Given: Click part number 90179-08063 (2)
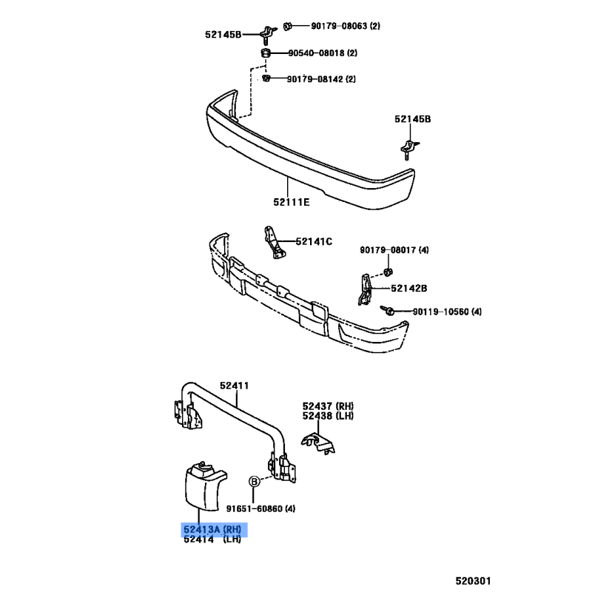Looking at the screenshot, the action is point(346,26).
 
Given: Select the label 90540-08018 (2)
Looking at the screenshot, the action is point(323,53).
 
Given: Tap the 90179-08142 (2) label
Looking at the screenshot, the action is point(321,79).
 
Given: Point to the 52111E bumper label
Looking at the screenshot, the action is point(292,202).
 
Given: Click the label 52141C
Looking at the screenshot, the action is point(314,241).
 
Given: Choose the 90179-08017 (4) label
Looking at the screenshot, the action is point(394,250).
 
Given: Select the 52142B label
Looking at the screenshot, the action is point(409,289).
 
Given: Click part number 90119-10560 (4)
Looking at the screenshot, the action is point(447,312).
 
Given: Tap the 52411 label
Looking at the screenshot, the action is point(235,386).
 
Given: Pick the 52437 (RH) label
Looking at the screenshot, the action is point(328,406).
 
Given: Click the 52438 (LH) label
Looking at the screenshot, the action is point(328,416).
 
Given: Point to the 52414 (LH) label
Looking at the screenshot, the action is point(212,539).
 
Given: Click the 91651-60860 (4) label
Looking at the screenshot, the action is point(261,509).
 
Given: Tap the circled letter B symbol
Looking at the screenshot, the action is point(255,482).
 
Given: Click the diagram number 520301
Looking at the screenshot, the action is point(473,581).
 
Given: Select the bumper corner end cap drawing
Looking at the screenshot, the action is point(205,486).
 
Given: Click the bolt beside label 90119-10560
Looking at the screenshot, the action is point(388,310).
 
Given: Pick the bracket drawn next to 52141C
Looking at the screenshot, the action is point(275,243).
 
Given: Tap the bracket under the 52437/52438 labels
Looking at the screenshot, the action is point(318,443).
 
